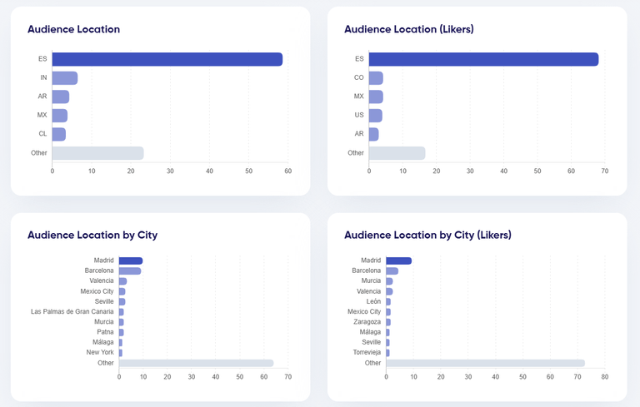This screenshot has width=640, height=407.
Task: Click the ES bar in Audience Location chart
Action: [167, 59]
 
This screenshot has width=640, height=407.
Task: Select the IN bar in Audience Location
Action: [65, 77]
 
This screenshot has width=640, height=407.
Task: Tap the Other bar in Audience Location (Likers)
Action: [397, 153]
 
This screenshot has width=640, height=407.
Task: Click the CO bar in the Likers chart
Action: [376, 77]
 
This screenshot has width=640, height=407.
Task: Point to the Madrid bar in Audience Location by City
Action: [131, 261]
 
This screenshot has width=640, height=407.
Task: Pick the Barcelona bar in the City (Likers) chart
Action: [392, 271]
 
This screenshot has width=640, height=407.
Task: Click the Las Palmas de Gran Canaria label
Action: [72, 312]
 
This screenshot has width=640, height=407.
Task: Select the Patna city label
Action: [105, 332]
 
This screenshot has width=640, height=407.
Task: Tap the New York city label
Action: [100, 352]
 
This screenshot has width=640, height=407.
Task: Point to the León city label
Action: [373, 301]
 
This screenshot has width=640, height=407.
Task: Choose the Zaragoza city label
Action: [367, 321]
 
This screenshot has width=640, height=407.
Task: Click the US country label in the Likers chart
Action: [359, 115]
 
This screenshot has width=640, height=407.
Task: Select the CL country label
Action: [42, 134]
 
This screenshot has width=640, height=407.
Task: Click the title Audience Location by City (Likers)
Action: [427, 236]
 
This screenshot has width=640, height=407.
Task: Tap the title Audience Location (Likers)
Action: [408, 29]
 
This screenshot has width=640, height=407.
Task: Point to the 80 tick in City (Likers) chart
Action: [605, 377]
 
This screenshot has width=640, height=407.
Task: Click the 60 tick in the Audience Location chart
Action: [287, 171]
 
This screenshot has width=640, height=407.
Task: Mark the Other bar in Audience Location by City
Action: [196, 363]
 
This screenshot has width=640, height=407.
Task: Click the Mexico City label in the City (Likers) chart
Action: [363, 311]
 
